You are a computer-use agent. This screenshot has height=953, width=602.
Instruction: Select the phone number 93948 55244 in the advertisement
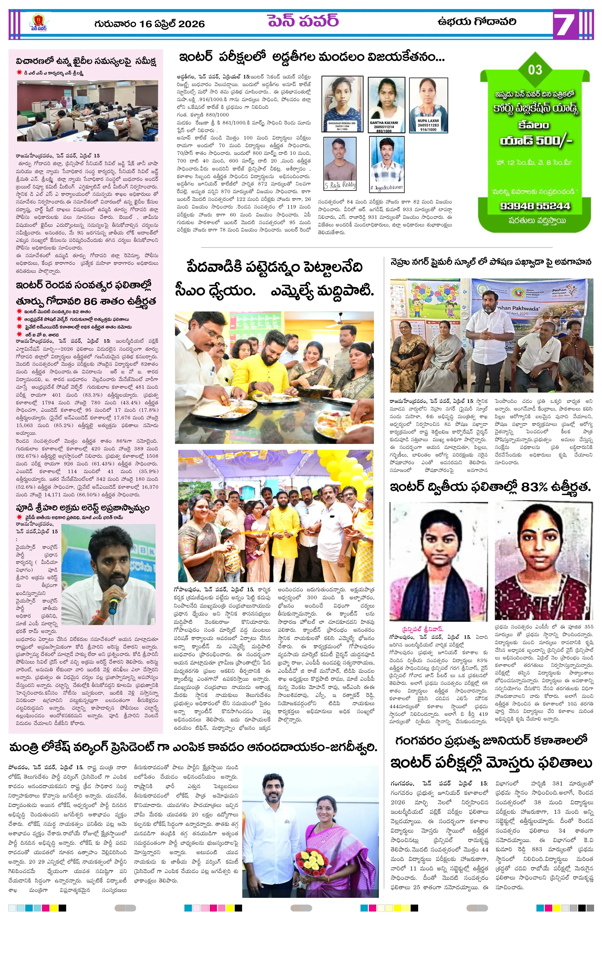pyautogui.click(x=535, y=206)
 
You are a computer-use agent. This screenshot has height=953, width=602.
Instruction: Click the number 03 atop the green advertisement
pyautogui.click(x=535, y=70)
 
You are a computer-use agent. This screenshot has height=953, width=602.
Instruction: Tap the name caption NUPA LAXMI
pyautogui.click(x=428, y=121)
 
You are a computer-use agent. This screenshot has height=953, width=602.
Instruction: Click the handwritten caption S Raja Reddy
pyautogui.click(x=340, y=185)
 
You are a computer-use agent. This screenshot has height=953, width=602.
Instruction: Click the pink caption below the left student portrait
pyautogui.click(x=423, y=629)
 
